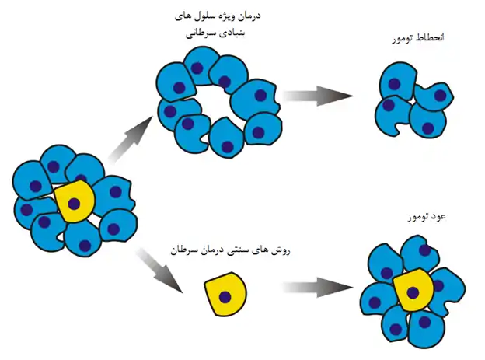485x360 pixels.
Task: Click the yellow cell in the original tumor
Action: click(75, 201)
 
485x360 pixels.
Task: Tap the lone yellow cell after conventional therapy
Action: click(225, 294)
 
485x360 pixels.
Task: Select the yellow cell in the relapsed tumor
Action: click(413, 290)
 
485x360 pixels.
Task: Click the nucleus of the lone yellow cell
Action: click(225, 297)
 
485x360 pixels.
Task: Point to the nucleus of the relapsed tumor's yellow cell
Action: click(413, 292)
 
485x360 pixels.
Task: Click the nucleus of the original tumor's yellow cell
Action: click(74, 204)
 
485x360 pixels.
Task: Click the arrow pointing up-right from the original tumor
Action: click(131, 138)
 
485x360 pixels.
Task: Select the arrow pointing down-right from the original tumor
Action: click(160, 271)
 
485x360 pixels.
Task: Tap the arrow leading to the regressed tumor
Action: click(318, 96)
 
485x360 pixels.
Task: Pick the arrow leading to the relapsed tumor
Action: click(318, 288)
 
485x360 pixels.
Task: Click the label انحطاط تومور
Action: click(418, 38)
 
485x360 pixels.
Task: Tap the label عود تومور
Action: click(427, 217)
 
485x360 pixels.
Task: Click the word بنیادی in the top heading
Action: click(230, 33)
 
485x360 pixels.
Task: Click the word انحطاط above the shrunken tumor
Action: click(431, 38)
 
